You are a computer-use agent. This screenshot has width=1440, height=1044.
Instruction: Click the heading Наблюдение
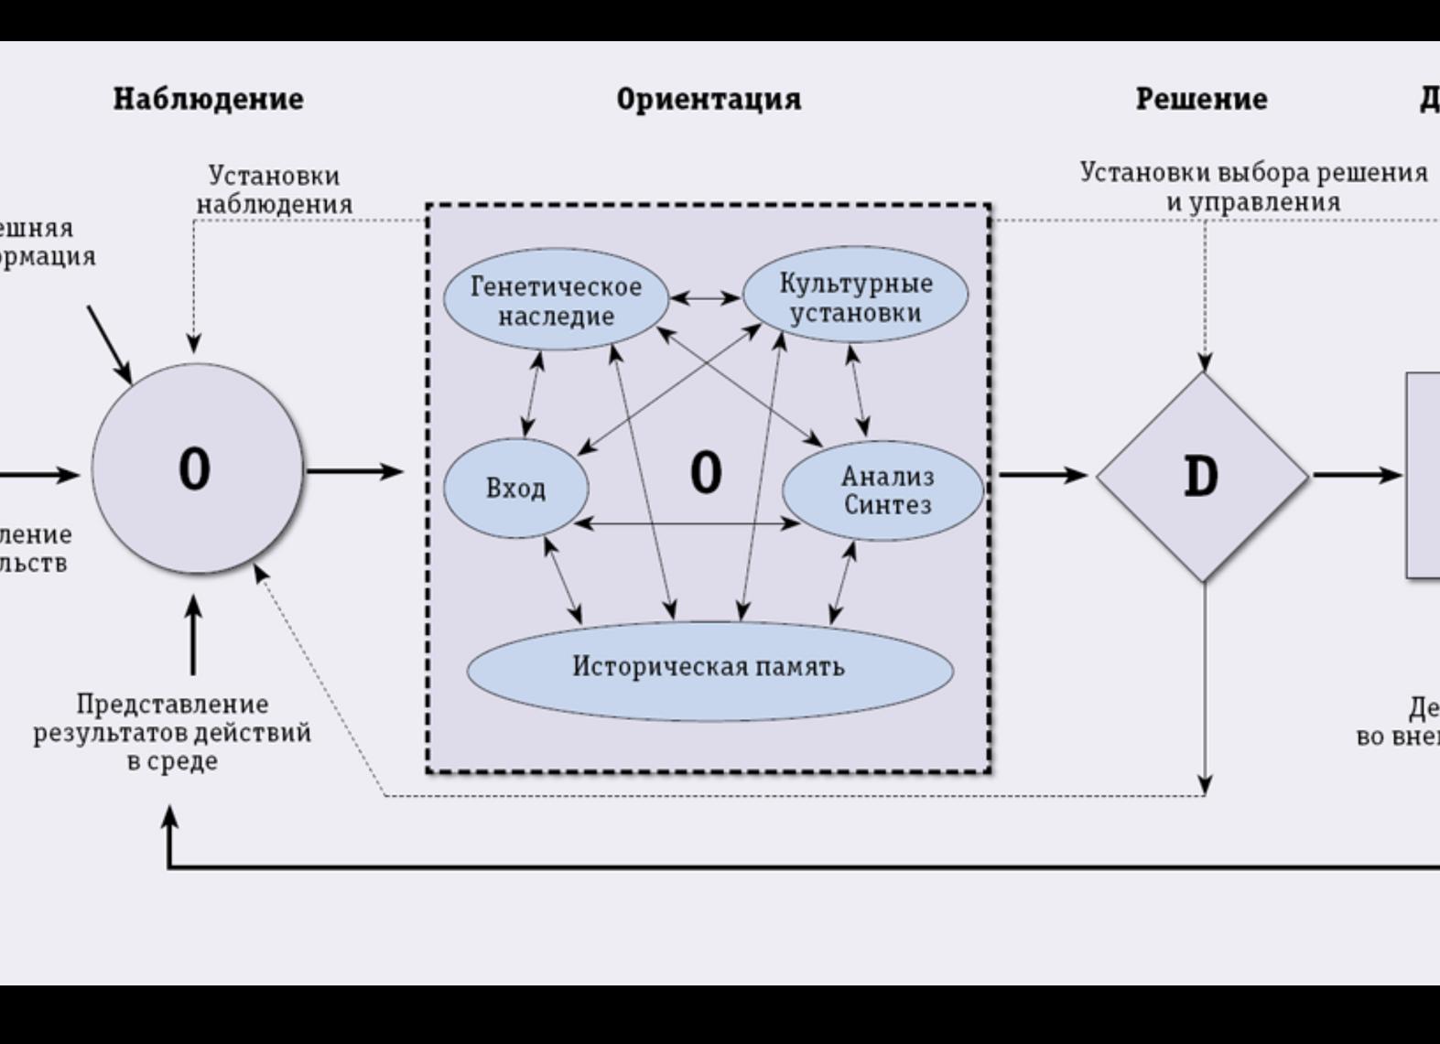click(209, 99)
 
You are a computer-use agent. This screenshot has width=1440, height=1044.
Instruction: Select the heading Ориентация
click(709, 99)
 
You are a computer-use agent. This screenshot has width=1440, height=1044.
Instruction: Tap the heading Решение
click(1201, 99)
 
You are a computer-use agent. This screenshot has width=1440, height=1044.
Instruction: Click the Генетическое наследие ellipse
click(556, 300)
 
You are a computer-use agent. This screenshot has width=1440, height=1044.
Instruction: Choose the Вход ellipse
click(515, 489)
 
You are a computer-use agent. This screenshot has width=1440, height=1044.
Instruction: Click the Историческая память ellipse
click(709, 668)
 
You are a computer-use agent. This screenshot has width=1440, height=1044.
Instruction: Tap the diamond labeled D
click(1202, 476)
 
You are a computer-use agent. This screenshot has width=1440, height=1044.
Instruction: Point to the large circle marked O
click(196, 469)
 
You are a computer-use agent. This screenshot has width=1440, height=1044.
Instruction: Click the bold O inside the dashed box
click(706, 474)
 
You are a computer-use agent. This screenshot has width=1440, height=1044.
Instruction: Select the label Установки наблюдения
click(275, 189)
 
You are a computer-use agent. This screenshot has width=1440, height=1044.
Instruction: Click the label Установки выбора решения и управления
click(1253, 187)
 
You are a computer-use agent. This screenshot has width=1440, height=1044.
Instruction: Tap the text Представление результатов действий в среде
click(172, 732)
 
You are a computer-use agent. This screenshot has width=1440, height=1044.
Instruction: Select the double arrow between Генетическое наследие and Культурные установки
click(705, 297)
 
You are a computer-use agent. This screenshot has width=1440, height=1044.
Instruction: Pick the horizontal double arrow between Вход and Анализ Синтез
click(687, 523)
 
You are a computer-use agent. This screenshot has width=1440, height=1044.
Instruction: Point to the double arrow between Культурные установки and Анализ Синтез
click(858, 391)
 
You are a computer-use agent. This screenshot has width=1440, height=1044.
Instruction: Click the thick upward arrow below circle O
click(193, 635)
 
